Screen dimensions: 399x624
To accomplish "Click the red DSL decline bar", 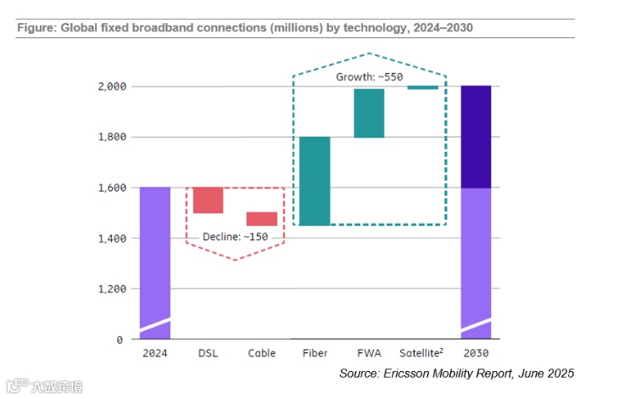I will pyautogui.click(x=208, y=200).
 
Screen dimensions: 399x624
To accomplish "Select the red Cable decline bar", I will pyautogui.click(x=261, y=219).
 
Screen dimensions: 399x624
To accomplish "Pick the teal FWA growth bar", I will pyautogui.click(x=369, y=113).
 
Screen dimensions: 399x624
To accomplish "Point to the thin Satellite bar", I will pyautogui.click(x=422, y=87).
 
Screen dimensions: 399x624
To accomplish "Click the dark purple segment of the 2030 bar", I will pyautogui.click(x=476, y=136).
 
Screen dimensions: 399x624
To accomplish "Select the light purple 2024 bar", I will pyautogui.click(x=154, y=255).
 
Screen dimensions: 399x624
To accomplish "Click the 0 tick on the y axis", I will pyautogui.click(x=120, y=340).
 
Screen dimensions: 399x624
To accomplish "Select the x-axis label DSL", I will pyautogui.click(x=208, y=353).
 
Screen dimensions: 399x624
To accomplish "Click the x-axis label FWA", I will pyautogui.click(x=369, y=353).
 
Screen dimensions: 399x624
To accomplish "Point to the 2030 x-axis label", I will pyautogui.click(x=476, y=353).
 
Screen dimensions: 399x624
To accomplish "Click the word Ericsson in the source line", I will pyautogui.click(x=408, y=374).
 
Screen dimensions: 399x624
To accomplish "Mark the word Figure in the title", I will pyautogui.click(x=33, y=28).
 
